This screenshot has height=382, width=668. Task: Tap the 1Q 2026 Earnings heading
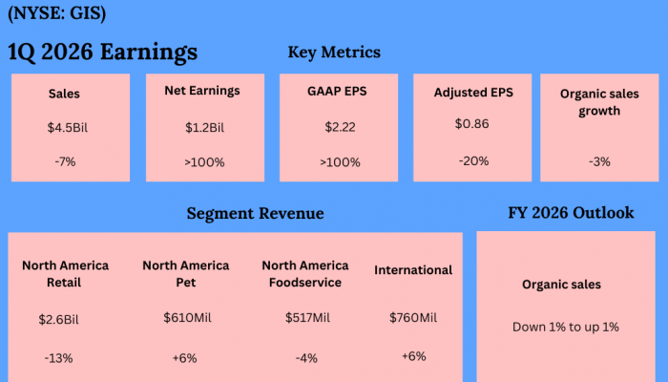103,52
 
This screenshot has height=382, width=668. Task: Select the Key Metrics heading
334,52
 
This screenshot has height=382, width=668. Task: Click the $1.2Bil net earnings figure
205,127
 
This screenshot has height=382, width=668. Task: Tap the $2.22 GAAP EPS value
340,127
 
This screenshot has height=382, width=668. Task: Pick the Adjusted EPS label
472,93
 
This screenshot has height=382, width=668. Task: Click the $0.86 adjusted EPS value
472,123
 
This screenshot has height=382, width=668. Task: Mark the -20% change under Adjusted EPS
473,160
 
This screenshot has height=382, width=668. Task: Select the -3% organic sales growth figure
599,161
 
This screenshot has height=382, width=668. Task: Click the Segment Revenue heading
255,214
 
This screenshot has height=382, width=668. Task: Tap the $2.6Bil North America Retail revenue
64,317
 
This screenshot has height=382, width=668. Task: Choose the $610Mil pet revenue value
185,317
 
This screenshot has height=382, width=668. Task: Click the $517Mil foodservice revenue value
307,317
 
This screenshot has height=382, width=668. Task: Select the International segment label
413,270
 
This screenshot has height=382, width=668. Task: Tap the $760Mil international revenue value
413,317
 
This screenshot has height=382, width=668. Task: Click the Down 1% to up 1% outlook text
566,327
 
